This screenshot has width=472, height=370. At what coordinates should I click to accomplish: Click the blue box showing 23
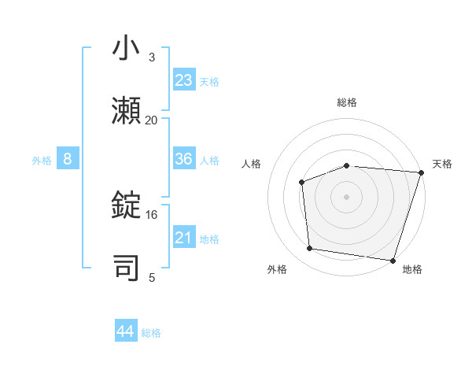pos(184,80)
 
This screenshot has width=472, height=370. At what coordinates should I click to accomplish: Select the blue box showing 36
pos(184,159)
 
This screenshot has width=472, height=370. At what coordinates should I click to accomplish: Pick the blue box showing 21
pos(184,238)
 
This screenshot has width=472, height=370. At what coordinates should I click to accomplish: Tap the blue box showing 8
pos(68,159)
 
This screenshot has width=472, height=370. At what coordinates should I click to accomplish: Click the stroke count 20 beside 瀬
pos(151,120)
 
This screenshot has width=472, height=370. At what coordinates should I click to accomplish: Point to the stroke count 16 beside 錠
pos(151,214)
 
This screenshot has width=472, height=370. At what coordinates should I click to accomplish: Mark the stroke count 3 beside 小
pos(151,57)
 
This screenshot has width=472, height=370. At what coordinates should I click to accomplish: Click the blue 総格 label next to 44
pos(151,333)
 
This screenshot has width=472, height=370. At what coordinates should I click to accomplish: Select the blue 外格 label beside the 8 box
pos(42,161)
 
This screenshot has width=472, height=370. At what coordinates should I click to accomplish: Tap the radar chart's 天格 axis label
pos(442,164)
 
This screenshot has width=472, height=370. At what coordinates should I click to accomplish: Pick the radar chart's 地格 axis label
pos(412,269)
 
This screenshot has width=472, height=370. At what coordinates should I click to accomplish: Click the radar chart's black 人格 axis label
pos(252,164)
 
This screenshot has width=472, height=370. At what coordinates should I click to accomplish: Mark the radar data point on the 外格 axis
pos(310,249)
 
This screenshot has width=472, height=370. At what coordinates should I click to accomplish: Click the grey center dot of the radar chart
pos(346,196)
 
